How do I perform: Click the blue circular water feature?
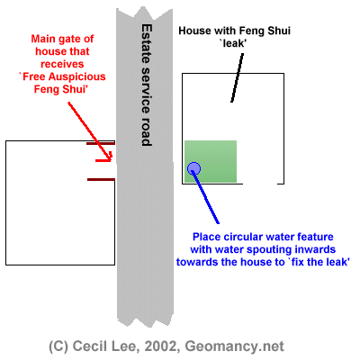[193, 168]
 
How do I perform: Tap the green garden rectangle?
[211, 161]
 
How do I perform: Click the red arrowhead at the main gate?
[105, 158]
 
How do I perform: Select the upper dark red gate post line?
[101, 144]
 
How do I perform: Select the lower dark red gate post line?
[101, 180]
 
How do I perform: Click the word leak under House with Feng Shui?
[233, 43]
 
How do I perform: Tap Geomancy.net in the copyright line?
[234, 346]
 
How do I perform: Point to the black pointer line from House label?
[237, 77]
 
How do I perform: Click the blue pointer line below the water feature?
[206, 197]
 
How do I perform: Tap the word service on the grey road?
[147, 90]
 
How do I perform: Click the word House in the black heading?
[193, 31]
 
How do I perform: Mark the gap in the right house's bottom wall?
[260, 184]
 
